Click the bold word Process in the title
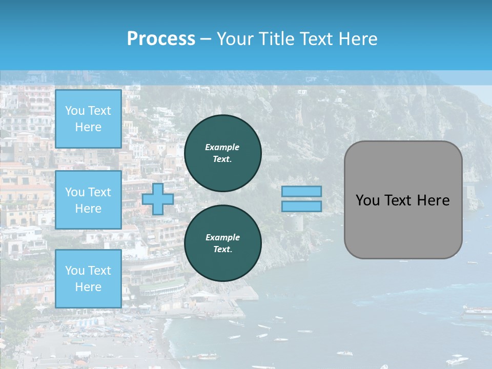(161, 39)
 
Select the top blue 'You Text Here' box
(88, 119)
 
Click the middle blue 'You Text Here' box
(88, 200)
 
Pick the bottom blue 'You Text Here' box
(88, 279)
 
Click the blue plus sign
(158, 199)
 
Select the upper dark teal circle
(223, 153)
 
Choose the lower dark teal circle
(223, 243)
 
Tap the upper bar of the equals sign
(302, 192)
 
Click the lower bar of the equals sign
(302, 207)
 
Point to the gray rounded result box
(403, 225)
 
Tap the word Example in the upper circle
(222, 147)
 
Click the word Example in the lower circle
(222, 237)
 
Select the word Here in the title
(358, 39)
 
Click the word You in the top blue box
(75, 111)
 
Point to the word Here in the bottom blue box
(88, 287)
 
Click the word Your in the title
(235, 39)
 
